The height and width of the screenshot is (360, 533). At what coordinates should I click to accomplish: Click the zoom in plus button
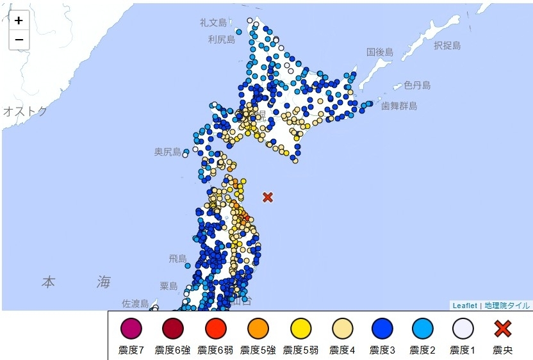click(19, 20)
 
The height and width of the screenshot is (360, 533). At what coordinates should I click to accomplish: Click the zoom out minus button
click(19, 40)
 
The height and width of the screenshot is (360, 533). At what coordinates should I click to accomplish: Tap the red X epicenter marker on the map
click(268, 197)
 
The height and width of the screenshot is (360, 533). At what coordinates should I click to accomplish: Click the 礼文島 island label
click(213, 22)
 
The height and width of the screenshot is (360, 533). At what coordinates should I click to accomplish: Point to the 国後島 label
click(380, 51)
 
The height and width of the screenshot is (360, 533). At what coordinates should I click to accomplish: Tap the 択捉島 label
click(447, 45)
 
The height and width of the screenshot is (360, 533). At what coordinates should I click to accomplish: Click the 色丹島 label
click(416, 85)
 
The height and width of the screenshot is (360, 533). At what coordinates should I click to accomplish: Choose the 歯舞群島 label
click(399, 106)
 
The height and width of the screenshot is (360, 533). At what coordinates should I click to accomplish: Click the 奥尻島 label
click(168, 152)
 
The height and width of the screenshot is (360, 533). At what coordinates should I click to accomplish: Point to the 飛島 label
click(177, 258)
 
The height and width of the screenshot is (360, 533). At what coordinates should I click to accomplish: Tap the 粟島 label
click(168, 286)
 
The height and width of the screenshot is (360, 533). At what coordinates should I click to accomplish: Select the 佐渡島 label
click(135, 303)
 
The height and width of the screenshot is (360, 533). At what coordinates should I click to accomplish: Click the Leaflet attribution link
click(464, 306)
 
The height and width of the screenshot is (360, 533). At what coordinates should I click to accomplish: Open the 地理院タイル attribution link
click(507, 306)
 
